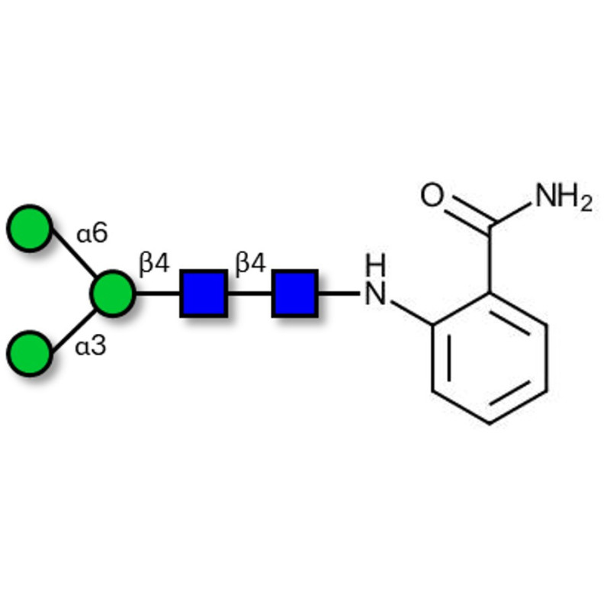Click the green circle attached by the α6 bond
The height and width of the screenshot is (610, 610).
[x=30, y=228]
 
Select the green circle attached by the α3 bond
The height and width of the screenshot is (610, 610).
[x=30, y=353]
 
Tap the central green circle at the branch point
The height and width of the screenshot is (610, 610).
[x=113, y=293]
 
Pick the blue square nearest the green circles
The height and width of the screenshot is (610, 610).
[x=204, y=293]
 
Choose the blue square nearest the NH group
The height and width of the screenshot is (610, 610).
[x=295, y=293]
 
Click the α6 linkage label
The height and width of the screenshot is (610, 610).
[x=92, y=234]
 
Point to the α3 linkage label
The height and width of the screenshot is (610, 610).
[x=90, y=346]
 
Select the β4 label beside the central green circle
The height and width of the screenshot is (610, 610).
[x=154, y=264]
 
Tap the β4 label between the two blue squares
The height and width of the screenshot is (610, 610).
[x=251, y=264]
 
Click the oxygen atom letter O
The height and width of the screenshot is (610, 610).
[x=432, y=195]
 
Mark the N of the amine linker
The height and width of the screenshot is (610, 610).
[x=375, y=293]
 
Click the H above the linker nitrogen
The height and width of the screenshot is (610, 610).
[x=375, y=265]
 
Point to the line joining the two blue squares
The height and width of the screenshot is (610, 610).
[x=249, y=293]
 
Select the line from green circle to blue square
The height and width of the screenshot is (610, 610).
[x=158, y=293]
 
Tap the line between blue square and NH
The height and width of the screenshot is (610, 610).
[x=339, y=293]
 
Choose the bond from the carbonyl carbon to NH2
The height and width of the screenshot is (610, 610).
[x=510, y=214]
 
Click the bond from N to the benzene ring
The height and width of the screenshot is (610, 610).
[x=411, y=312]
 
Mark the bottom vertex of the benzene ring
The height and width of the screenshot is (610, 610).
[x=490, y=424]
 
